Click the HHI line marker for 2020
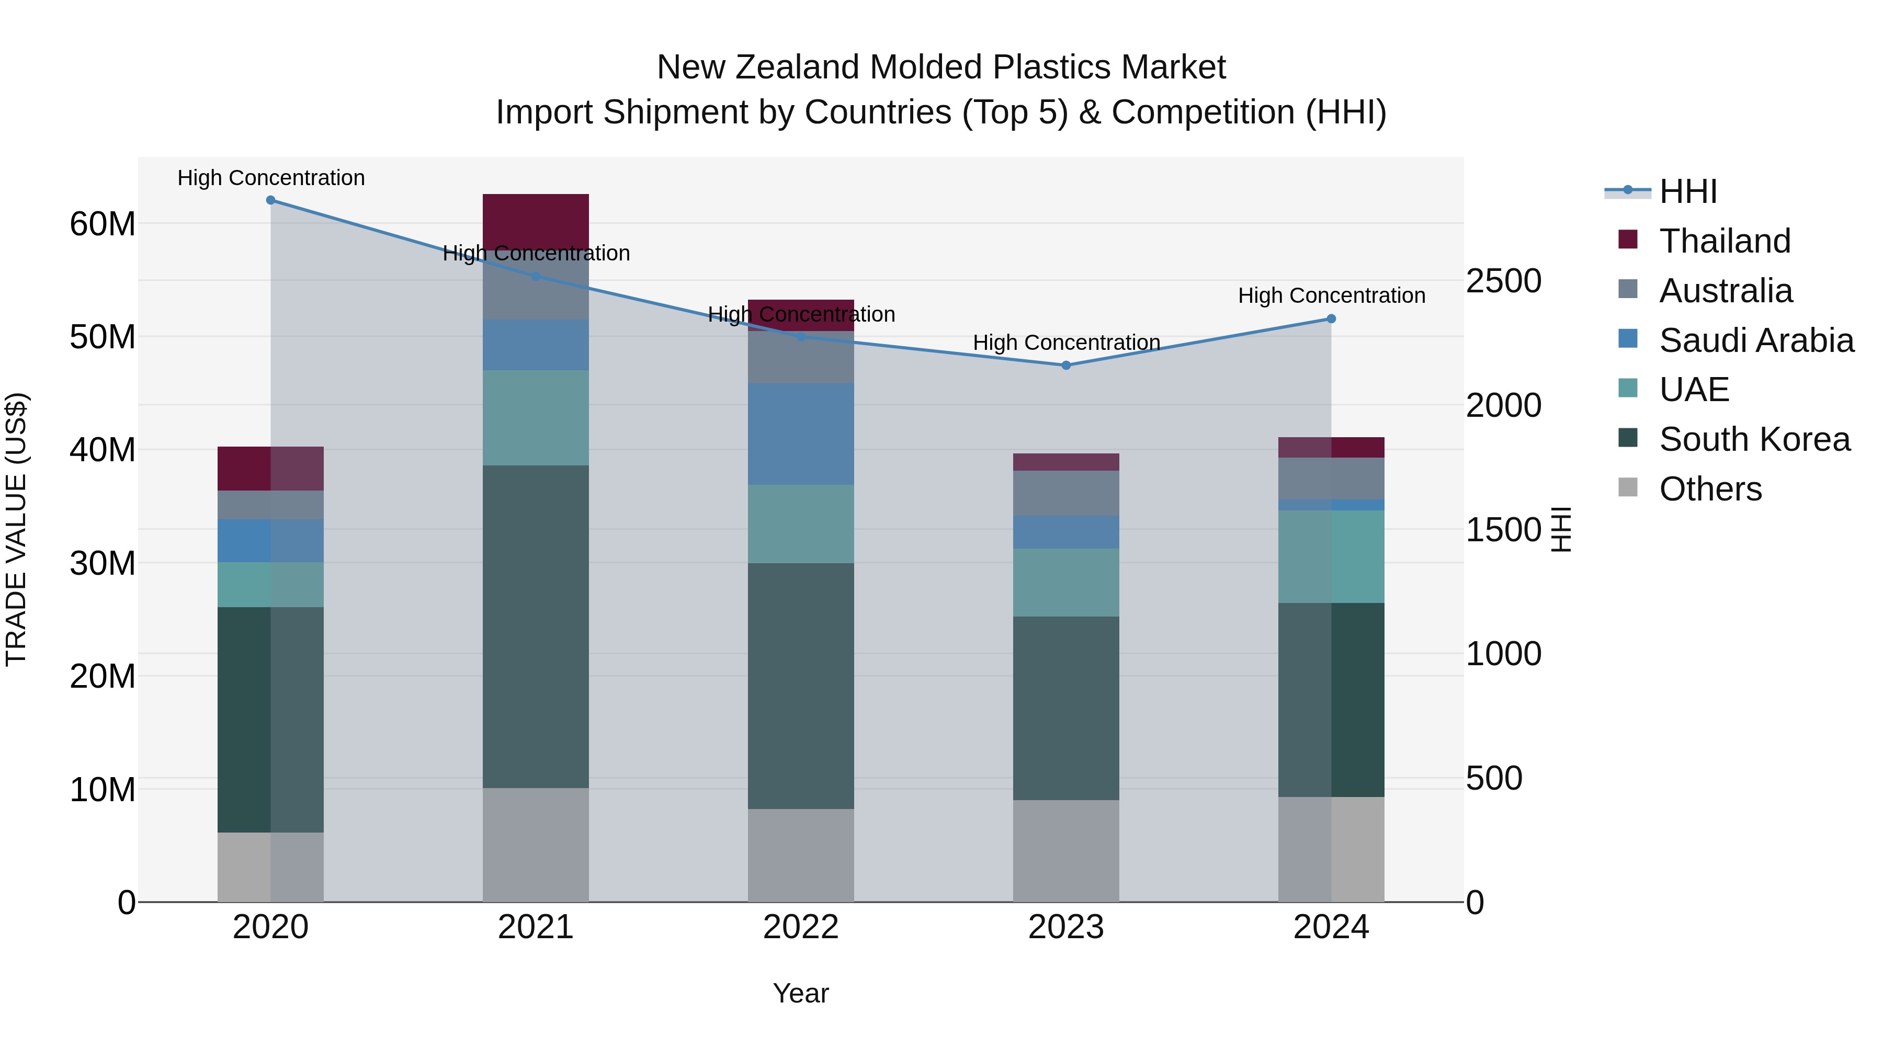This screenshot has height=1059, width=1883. click(270, 200)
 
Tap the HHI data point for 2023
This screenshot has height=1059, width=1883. click(1066, 366)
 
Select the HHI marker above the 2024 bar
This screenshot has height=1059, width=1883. click(1331, 318)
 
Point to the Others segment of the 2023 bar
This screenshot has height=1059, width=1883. click(1066, 851)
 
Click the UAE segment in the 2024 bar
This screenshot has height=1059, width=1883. click(1331, 557)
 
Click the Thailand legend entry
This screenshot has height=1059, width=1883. click(1725, 241)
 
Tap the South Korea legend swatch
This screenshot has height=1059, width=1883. click(1628, 439)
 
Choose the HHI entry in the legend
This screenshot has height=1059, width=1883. click(1688, 191)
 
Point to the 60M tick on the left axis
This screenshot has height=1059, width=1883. click(103, 224)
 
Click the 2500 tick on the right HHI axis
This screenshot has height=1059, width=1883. click(1504, 281)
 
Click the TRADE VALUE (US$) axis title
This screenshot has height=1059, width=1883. click(16, 529)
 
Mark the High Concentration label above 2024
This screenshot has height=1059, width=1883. click(1331, 295)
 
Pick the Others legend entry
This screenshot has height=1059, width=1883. click(1710, 489)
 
